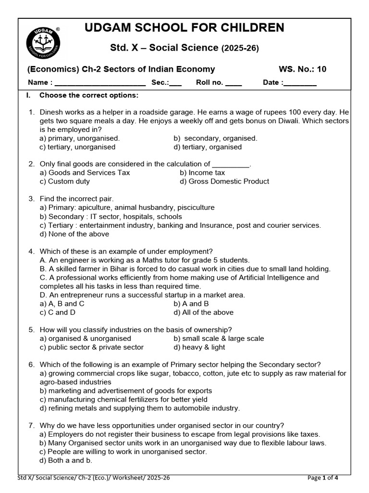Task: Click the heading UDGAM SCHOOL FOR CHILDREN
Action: tap(184, 28)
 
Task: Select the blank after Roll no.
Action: tap(234, 83)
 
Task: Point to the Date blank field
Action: tap(300, 83)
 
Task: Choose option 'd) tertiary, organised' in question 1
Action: tap(208, 147)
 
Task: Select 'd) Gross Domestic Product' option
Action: tap(224, 182)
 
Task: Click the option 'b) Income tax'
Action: tap(202, 172)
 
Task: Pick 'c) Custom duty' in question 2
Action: tap(65, 182)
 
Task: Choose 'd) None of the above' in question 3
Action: tap(74, 234)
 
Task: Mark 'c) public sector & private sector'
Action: tap(92, 347)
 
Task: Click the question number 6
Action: tap(31, 364)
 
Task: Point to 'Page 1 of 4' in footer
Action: tap(322, 478)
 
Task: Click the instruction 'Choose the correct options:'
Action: tap(89, 95)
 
